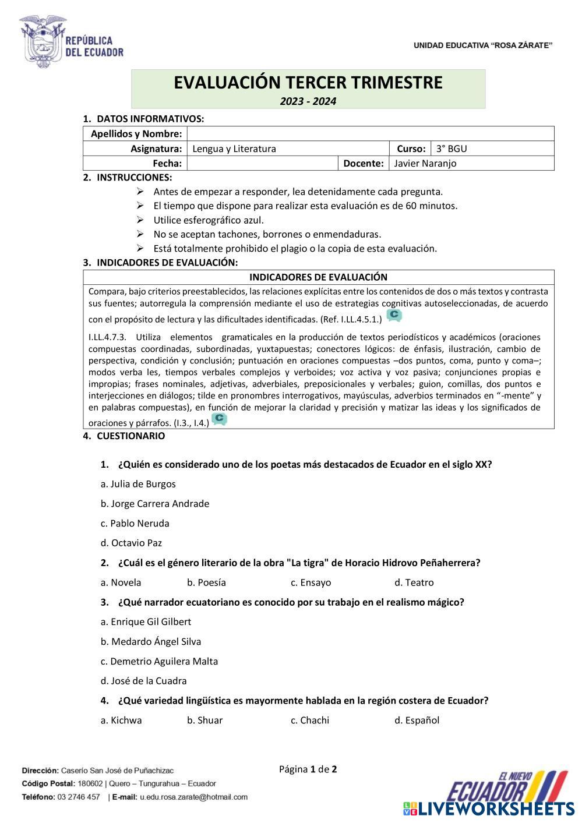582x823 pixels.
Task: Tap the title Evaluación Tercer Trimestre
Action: point(308,83)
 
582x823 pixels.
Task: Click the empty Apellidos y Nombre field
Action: point(370,134)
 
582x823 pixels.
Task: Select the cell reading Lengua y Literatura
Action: point(234,149)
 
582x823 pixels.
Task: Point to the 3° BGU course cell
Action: point(452,149)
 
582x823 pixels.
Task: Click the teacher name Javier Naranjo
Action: point(425,163)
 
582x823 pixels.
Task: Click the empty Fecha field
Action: point(262,163)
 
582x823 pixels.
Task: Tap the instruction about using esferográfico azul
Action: point(209,220)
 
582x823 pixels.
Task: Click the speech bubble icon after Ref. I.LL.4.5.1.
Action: point(394,316)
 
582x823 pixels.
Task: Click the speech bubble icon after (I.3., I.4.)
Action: point(220,419)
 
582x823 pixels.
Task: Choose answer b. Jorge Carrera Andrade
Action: point(155,504)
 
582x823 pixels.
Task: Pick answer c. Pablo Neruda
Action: point(135,523)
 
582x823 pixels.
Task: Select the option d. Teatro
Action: point(414,582)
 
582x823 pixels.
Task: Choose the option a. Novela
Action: point(121,582)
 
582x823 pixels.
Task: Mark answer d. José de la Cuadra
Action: point(144,681)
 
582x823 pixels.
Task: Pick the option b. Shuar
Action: point(205,720)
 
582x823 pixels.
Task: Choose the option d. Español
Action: point(417,720)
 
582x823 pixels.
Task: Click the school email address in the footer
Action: point(193,797)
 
